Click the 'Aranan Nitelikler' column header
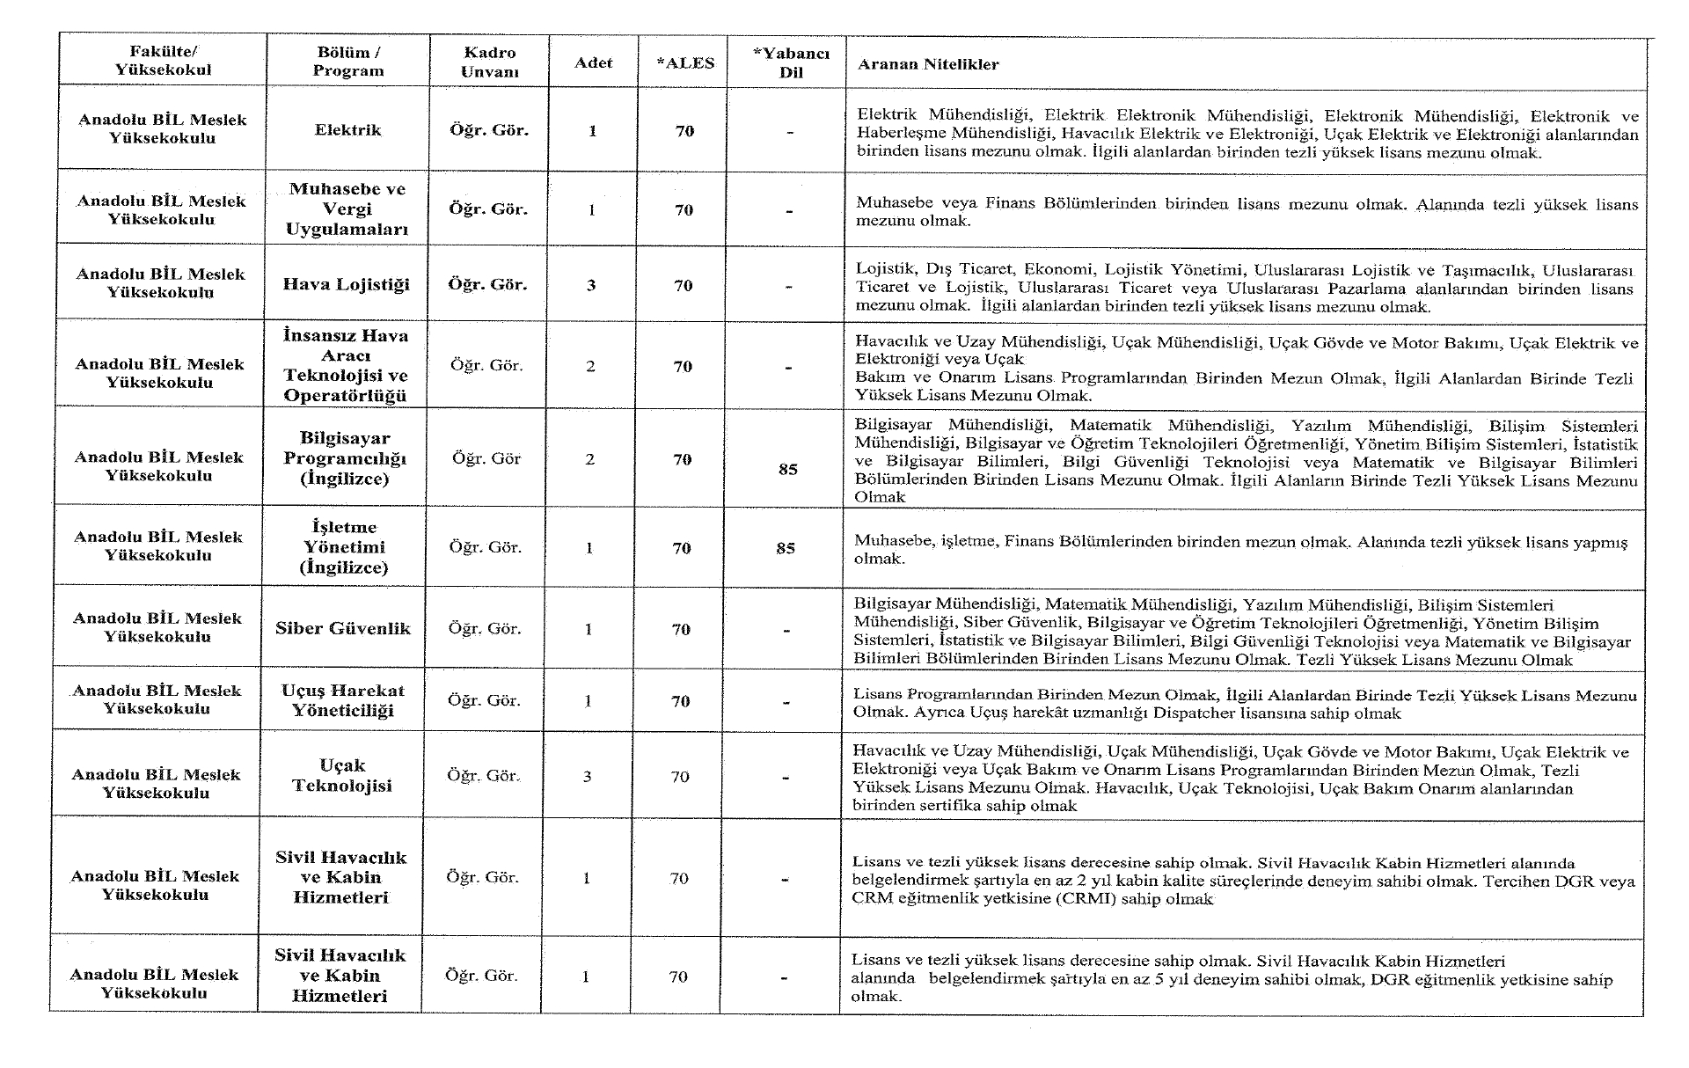pyautogui.click(x=928, y=64)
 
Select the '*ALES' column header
pyautogui.click(x=685, y=63)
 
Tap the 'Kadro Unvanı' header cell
pyautogui.click(x=489, y=62)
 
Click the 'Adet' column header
pyautogui.click(x=593, y=62)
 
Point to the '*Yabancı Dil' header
pyautogui.click(x=790, y=62)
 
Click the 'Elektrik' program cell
pyautogui.click(x=347, y=130)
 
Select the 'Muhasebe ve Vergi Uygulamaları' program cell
pyautogui.click(x=347, y=209)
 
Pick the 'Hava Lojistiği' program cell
pyautogui.click(x=346, y=284)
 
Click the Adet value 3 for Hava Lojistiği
pyautogui.click(x=591, y=285)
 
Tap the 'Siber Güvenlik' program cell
pyautogui.click(x=343, y=628)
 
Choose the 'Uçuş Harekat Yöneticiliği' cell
pyautogui.click(x=342, y=700)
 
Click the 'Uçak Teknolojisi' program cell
pyautogui.click(x=342, y=775)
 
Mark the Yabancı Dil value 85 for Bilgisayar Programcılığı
pyautogui.click(x=787, y=469)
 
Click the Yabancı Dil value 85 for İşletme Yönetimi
pyautogui.click(x=786, y=548)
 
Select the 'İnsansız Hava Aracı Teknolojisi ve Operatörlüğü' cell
pyautogui.click(x=345, y=365)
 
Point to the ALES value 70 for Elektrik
pyautogui.click(x=684, y=131)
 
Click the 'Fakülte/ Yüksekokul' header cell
pyautogui.click(x=163, y=61)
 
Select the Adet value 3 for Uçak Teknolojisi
pyautogui.click(x=587, y=776)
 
